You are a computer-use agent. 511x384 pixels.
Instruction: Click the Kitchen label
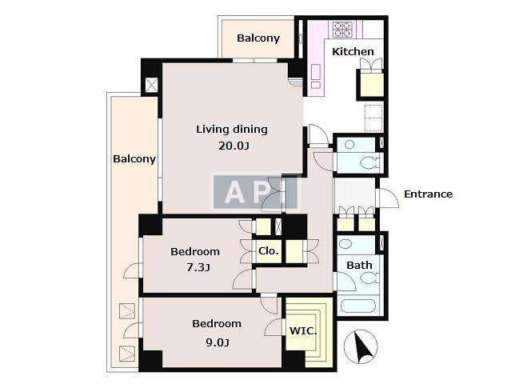[x=353, y=51]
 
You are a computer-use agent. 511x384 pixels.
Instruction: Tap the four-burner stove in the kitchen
[x=341, y=29]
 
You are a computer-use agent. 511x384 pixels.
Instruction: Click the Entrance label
[x=428, y=194]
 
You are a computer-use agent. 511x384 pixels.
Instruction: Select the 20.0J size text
[x=234, y=146]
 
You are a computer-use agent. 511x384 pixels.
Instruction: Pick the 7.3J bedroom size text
[x=198, y=268]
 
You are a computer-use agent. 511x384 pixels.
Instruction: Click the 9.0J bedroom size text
[x=218, y=342]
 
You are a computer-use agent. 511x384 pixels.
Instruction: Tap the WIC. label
[x=303, y=331]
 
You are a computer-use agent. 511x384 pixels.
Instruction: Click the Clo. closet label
[x=269, y=251]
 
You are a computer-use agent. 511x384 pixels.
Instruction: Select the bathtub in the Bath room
[x=358, y=306]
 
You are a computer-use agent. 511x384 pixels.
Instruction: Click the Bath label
[x=359, y=265]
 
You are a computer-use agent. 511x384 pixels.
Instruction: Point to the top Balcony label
[x=258, y=38]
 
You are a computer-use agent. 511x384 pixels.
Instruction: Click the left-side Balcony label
[x=134, y=159]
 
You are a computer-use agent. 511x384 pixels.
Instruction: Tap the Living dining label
[x=232, y=130]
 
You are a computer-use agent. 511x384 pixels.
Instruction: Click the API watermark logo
[x=256, y=192]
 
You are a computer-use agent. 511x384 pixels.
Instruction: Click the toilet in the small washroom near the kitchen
[x=370, y=162]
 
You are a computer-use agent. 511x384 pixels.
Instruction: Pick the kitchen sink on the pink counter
[x=315, y=72]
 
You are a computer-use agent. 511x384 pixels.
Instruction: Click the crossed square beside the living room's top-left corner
[x=151, y=85]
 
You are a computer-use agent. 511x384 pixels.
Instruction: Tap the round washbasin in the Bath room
[x=345, y=243]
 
